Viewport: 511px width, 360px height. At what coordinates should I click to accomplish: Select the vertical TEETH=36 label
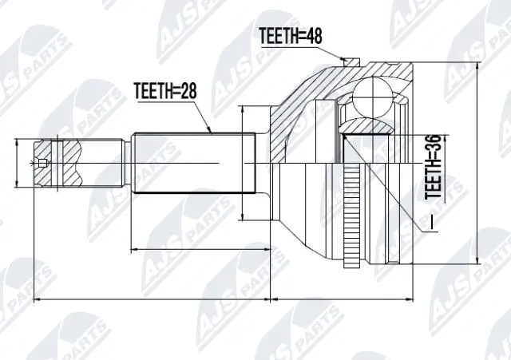(x=433, y=165)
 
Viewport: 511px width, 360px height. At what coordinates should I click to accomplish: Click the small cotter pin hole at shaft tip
(x=42, y=164)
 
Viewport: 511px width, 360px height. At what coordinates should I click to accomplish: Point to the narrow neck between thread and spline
(x=126, y=163)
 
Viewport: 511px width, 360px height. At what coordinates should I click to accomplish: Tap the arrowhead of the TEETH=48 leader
(x=344, y=59)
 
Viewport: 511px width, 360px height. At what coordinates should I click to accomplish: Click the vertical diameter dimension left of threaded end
(x=17, y=163)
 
